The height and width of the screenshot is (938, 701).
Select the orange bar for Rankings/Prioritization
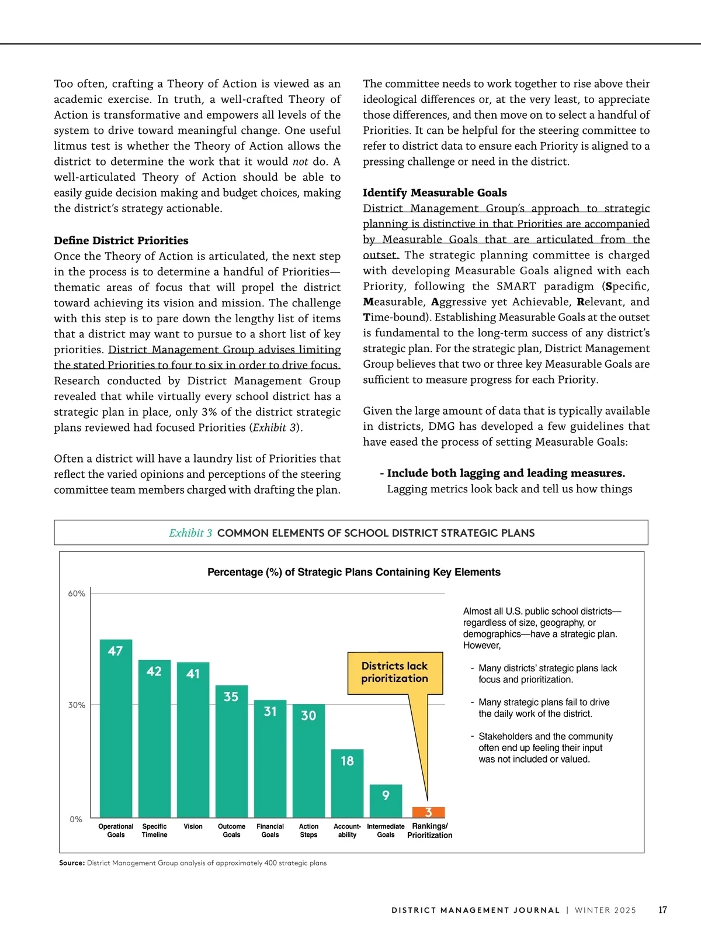point(428,812)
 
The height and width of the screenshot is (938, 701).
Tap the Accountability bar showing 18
point(347,783)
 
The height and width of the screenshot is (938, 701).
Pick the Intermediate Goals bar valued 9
point(386,801)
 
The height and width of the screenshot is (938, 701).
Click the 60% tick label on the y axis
point(77,594)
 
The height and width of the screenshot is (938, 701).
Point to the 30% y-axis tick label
point(77,705)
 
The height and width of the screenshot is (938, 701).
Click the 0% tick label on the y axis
point(76,819)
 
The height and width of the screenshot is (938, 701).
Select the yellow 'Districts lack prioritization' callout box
point(395,673)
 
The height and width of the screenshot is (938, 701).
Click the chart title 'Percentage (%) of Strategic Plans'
point(353,572)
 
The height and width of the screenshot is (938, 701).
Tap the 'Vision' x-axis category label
point(193,826)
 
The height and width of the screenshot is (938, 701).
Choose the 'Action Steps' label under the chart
point(308,830)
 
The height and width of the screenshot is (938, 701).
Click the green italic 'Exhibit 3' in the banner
point(190,533)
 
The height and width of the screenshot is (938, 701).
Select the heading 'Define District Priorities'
point(121,240)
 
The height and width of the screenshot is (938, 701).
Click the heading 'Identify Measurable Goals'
point(435,192)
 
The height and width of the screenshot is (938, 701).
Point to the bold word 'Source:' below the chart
point(72,863)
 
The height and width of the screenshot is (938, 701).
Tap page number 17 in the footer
point(662,910)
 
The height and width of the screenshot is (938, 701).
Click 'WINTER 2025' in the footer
point(605,911)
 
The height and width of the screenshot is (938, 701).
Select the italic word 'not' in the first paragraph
point(300,161)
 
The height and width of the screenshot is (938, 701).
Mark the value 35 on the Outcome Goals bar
point(231,696)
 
